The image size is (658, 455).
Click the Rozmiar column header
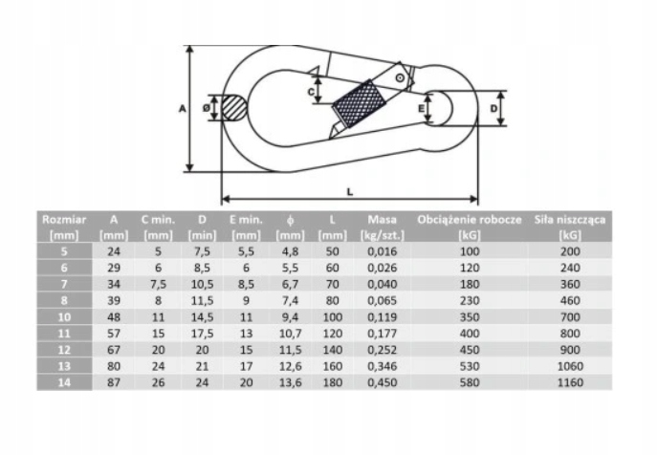(x=64, y=227)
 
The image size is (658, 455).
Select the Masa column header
(x=383, y=227)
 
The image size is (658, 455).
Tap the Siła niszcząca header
(x=570, y=227)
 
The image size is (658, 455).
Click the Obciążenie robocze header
(x=470, y=227)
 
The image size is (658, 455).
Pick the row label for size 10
(x=64, y=317)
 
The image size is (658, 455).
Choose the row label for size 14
(x=64, y=382)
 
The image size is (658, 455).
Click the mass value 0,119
(x=383, y=317)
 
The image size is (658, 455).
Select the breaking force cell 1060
(x=570, y=366)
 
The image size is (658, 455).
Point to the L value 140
(x=333, y=350)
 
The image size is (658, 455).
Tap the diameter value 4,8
(x=291, y=251)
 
